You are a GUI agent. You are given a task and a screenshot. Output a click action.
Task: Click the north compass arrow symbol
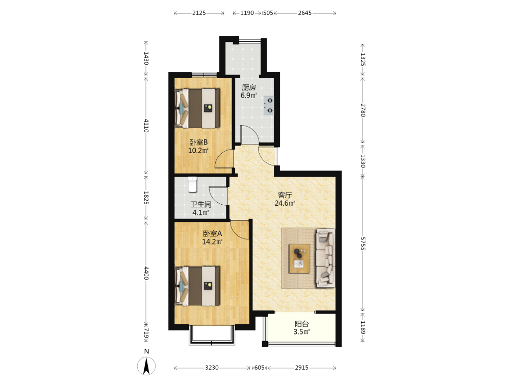click(146, 366)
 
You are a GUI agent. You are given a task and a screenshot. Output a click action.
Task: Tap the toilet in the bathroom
click(193, 184)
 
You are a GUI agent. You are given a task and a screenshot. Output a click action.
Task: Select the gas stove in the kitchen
click(269, 106)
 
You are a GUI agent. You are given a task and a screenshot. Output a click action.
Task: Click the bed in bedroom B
click(197, 108)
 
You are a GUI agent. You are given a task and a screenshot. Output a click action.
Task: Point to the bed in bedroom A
click(197, 286)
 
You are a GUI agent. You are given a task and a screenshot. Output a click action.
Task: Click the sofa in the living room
click(325, 258)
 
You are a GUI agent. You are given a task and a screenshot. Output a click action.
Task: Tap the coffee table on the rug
click(299, 258)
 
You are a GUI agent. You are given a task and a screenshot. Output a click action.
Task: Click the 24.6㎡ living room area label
click(285, 204)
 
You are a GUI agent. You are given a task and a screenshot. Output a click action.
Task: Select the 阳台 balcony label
click(301, 324)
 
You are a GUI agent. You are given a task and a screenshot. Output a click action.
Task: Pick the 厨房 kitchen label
click(249, 87)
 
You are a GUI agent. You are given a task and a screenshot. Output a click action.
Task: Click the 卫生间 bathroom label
click(200, 205)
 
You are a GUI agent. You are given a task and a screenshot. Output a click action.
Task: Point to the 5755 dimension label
click(363, 243)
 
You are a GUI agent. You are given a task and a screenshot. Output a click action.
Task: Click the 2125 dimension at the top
click(199, 13)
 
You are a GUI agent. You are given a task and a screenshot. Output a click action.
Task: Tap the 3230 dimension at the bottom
click(212, 368)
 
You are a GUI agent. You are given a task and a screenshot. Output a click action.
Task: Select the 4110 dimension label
click(146, 126)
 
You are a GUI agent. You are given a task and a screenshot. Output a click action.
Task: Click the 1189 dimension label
click(363, 328)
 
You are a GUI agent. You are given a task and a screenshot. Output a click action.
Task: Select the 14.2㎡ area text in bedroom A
click(212, 242)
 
